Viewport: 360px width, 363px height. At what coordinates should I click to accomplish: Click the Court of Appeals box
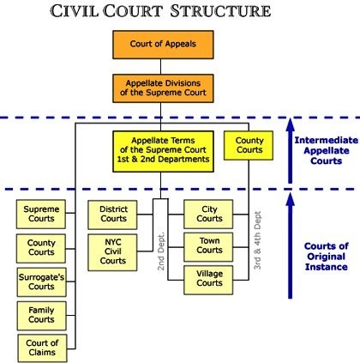pyautogui.click(x=163, y=45)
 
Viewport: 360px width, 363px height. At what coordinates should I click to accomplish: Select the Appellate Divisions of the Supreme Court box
pyautogui.click(x=163, y=88)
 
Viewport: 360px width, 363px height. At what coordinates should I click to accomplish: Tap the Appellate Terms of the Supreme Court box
pyautogui.click(x=163, y=151)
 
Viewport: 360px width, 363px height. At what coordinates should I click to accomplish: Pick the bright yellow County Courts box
pyautogui.click(x=249, y=145)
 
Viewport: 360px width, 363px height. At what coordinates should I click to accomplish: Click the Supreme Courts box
pyautogui.click(x=41, y=214)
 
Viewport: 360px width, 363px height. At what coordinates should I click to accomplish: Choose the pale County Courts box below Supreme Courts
pyautogui.click(x=41, y=248)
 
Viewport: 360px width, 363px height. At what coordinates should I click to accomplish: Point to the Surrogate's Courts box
pyautogui.click(x=42, y=282)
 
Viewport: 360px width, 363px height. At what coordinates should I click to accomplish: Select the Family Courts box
pyautogui.click(x=42, y=316)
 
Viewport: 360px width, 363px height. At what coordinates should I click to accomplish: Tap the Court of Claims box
pyautogui.click(x=42, y=348)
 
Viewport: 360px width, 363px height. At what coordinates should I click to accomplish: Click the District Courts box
pyautogui.click(x=112, y=215)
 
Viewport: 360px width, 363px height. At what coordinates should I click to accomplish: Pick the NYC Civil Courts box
pyautogui.click(x=112, y=252)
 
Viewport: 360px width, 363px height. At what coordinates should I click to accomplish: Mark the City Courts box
pyautogui.click(x=208, y=214)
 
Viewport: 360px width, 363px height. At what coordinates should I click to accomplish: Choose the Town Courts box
pyautogui.click(x=208, y=247)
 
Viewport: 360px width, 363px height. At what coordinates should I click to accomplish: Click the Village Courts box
pyautogui.click(x=208, y=280)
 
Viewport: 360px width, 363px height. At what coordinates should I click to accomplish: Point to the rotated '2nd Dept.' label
pyautogui.click(x=161, y=251)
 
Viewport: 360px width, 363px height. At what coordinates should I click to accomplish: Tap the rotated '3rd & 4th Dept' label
pyautogui.click(x=258, y=240)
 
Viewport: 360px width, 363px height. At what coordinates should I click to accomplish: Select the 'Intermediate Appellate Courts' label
pyautogui.click(x=327, y=150)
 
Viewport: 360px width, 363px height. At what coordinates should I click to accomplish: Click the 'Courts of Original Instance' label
pyautogui.click(x=327, y=257)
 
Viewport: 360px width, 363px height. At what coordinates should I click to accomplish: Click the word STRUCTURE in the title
pyautogui.click(x=220, y=11)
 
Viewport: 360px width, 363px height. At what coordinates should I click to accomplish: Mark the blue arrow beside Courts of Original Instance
pyautogui.click(x=290, y=245)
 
